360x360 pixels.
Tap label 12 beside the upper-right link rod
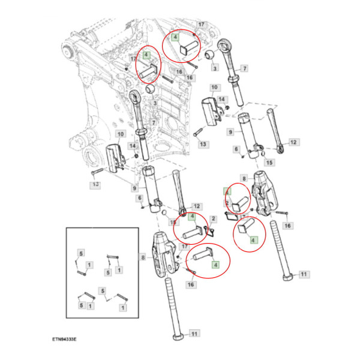(x=293, y=142)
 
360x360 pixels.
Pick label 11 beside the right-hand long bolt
(x=304, y=274)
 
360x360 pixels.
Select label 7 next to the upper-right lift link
(x=245, y=68)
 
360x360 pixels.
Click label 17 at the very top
(x=202, y=25)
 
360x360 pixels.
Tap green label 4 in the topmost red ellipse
(x=175, y=37)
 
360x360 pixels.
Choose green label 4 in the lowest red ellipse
(x=215, y=264)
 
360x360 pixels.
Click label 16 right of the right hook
(x=287, y=226)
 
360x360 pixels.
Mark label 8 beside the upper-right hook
(x=244, y=178)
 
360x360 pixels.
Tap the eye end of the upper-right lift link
(x=226, y=47)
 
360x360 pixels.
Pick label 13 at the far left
(x=95, y=186)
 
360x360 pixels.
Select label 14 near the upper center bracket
(x=221, y=99)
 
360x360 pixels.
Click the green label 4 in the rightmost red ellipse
(x=253, y=239)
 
